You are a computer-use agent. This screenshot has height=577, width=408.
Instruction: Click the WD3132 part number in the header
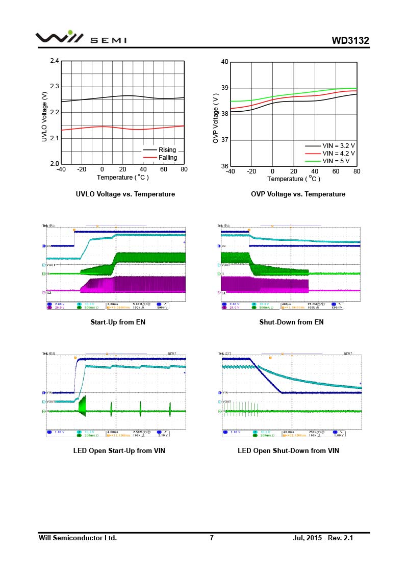(x=350, y=40)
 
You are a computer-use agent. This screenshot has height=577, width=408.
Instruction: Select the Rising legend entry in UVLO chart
(x=167, y=150)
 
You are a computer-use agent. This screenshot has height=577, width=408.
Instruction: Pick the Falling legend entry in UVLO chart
(x=168, y=158)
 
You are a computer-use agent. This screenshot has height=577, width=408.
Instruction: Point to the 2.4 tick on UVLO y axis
(x=55, y=61)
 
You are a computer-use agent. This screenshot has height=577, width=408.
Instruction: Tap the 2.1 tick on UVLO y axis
(x=55, y=138)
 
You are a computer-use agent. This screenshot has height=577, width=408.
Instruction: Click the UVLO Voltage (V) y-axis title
(x=44, y=117)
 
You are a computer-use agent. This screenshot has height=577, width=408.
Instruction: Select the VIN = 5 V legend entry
(x=336, y=161)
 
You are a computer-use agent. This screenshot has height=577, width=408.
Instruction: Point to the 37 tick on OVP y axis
(x=224, y=140)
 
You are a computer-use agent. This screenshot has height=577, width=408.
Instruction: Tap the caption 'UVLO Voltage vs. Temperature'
(x=125, y=194)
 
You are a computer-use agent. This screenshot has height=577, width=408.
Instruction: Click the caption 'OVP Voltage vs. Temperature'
(x=298, y=194)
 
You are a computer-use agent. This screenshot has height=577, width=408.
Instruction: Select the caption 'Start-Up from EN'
(x=118, y=322)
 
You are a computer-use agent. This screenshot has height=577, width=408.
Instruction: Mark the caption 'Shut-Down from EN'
(x=291, y=322)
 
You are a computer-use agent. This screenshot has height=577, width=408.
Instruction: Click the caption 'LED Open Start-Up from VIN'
(x=119, y=450)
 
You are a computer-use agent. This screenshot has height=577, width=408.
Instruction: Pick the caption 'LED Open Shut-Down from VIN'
(x=288, y=450)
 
